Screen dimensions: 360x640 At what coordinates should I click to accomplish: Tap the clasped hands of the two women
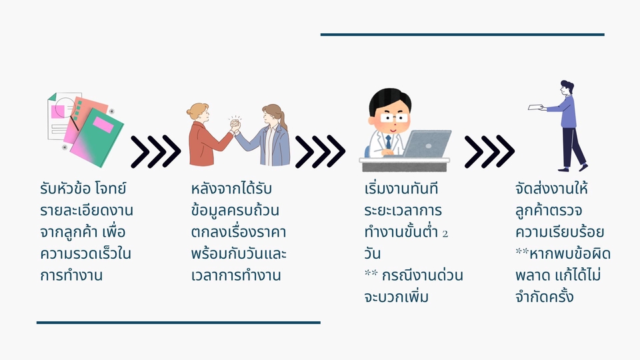[234, 125]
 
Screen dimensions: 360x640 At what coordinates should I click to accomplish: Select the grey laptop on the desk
[427, 144]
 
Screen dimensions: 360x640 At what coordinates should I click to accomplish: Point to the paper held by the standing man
[535, 107]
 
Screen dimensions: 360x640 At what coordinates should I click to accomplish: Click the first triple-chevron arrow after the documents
[155, 151]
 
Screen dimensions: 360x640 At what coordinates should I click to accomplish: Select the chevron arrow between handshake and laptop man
[320, 151]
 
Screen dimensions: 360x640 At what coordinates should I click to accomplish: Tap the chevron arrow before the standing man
[489, 151]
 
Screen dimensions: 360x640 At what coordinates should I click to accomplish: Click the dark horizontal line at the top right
[462, 34]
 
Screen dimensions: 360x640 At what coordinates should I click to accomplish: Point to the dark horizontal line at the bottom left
[178, 323]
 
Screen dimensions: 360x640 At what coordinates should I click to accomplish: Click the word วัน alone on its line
[373, 254]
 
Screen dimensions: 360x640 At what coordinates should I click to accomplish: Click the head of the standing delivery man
[566, 87]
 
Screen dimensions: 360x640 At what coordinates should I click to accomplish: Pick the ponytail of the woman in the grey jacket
[283, 119]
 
